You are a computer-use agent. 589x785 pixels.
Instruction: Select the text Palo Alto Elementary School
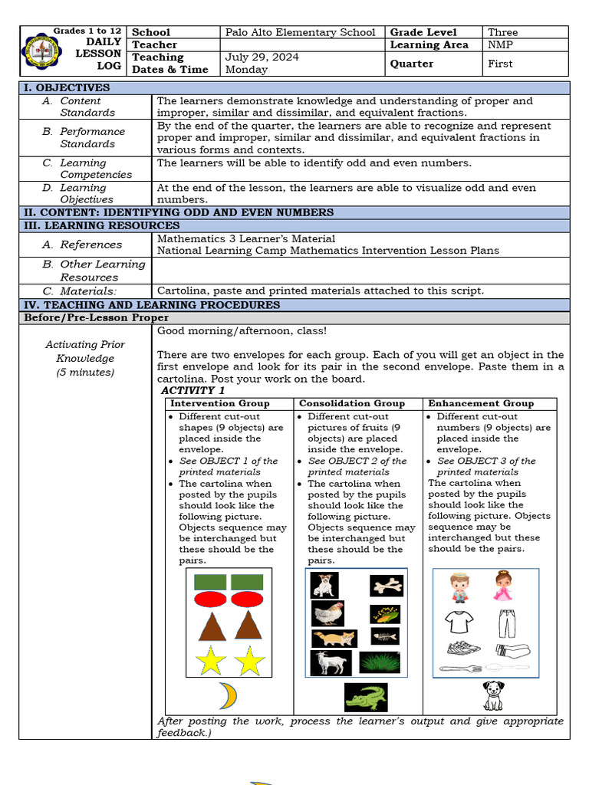[301, 32]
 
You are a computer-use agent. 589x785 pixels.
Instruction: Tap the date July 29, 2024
[262, 57]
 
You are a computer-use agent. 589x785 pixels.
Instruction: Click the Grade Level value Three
[502, 32]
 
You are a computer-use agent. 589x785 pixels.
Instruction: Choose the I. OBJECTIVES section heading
[67, 87]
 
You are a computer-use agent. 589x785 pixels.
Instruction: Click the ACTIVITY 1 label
[192, 390]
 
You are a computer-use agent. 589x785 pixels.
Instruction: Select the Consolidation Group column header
[351, 403]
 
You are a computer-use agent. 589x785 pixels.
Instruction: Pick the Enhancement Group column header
[481, 403]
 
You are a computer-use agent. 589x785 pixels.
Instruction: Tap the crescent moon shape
[227, 695]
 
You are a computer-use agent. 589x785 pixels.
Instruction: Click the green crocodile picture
[366, 697]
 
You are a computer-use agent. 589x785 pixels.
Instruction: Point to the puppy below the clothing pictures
[493, 695]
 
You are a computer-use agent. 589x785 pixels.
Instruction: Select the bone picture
[387, 586]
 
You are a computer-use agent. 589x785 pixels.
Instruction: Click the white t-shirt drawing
[460, 622]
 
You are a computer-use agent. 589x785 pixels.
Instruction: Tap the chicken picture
[327, 613]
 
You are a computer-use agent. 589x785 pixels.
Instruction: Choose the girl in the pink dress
[503, 586]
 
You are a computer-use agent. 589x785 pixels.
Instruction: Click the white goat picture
[331, 662]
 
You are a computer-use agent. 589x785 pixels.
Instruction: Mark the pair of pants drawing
[507, 623]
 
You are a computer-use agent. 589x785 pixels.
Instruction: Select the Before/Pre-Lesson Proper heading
[97, 317]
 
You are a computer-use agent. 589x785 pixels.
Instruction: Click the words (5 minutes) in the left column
[84, 372]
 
